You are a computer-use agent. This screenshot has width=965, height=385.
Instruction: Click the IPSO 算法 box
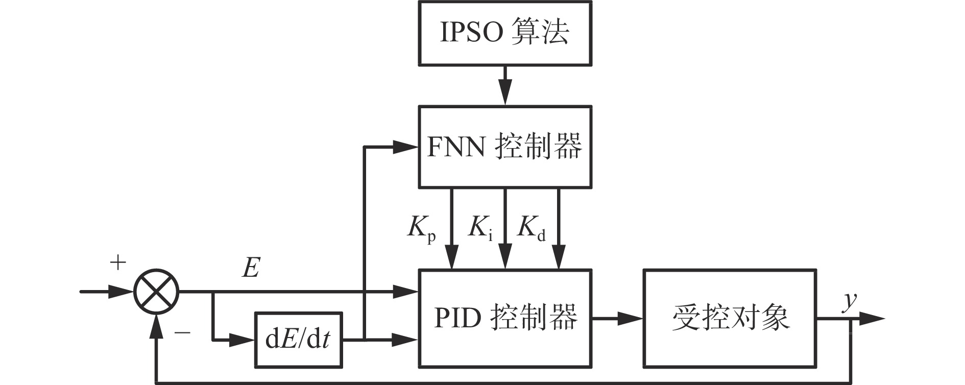tap(505, 33)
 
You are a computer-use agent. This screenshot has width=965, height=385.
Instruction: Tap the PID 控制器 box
tap(505, 318)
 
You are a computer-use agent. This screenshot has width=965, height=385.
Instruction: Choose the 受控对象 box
tap(730, 318)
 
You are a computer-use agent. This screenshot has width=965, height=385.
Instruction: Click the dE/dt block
tap(299, 340)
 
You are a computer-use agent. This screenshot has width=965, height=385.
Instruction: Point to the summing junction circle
tap(156, 292)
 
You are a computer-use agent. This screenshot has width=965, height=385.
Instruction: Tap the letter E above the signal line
tap(251, 267)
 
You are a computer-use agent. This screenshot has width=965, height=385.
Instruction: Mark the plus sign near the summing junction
tap(118, 263)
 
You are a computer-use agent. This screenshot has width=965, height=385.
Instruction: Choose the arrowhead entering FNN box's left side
tap(406, 147)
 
